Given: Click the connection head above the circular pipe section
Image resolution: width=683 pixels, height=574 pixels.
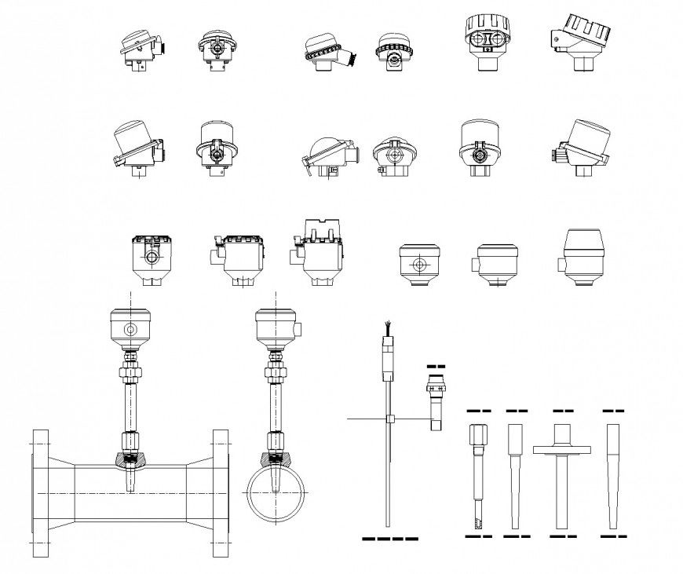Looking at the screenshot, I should tap(276, 328).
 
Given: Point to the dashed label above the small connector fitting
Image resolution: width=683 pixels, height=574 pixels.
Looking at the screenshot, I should tap(435, 367).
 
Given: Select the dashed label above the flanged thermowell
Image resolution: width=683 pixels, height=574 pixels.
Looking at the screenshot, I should tap(563, 410).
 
